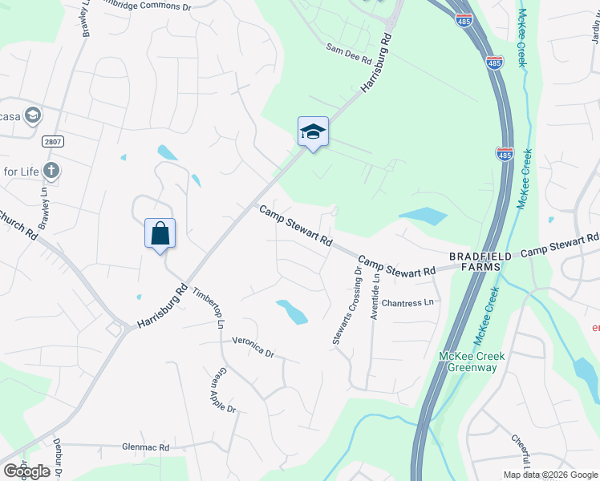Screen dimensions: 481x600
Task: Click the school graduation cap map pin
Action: [x=313, y=132]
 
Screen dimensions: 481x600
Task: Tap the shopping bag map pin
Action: [x=160, y=234]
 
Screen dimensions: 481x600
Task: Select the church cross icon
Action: [x=51, y=170]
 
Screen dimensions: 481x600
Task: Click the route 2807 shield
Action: [x=53, y=141]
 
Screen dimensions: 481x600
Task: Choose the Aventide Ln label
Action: [x=375, y=297]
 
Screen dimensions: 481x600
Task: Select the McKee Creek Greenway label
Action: [x=468, y=362]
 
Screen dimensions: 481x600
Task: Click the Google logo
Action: [x=26, y=471]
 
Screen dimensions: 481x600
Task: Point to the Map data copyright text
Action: [x=549, y=475]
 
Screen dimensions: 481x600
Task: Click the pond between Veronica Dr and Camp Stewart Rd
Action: [x=292, y=311]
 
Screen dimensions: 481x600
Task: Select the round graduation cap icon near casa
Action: [x=33, y=115]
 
